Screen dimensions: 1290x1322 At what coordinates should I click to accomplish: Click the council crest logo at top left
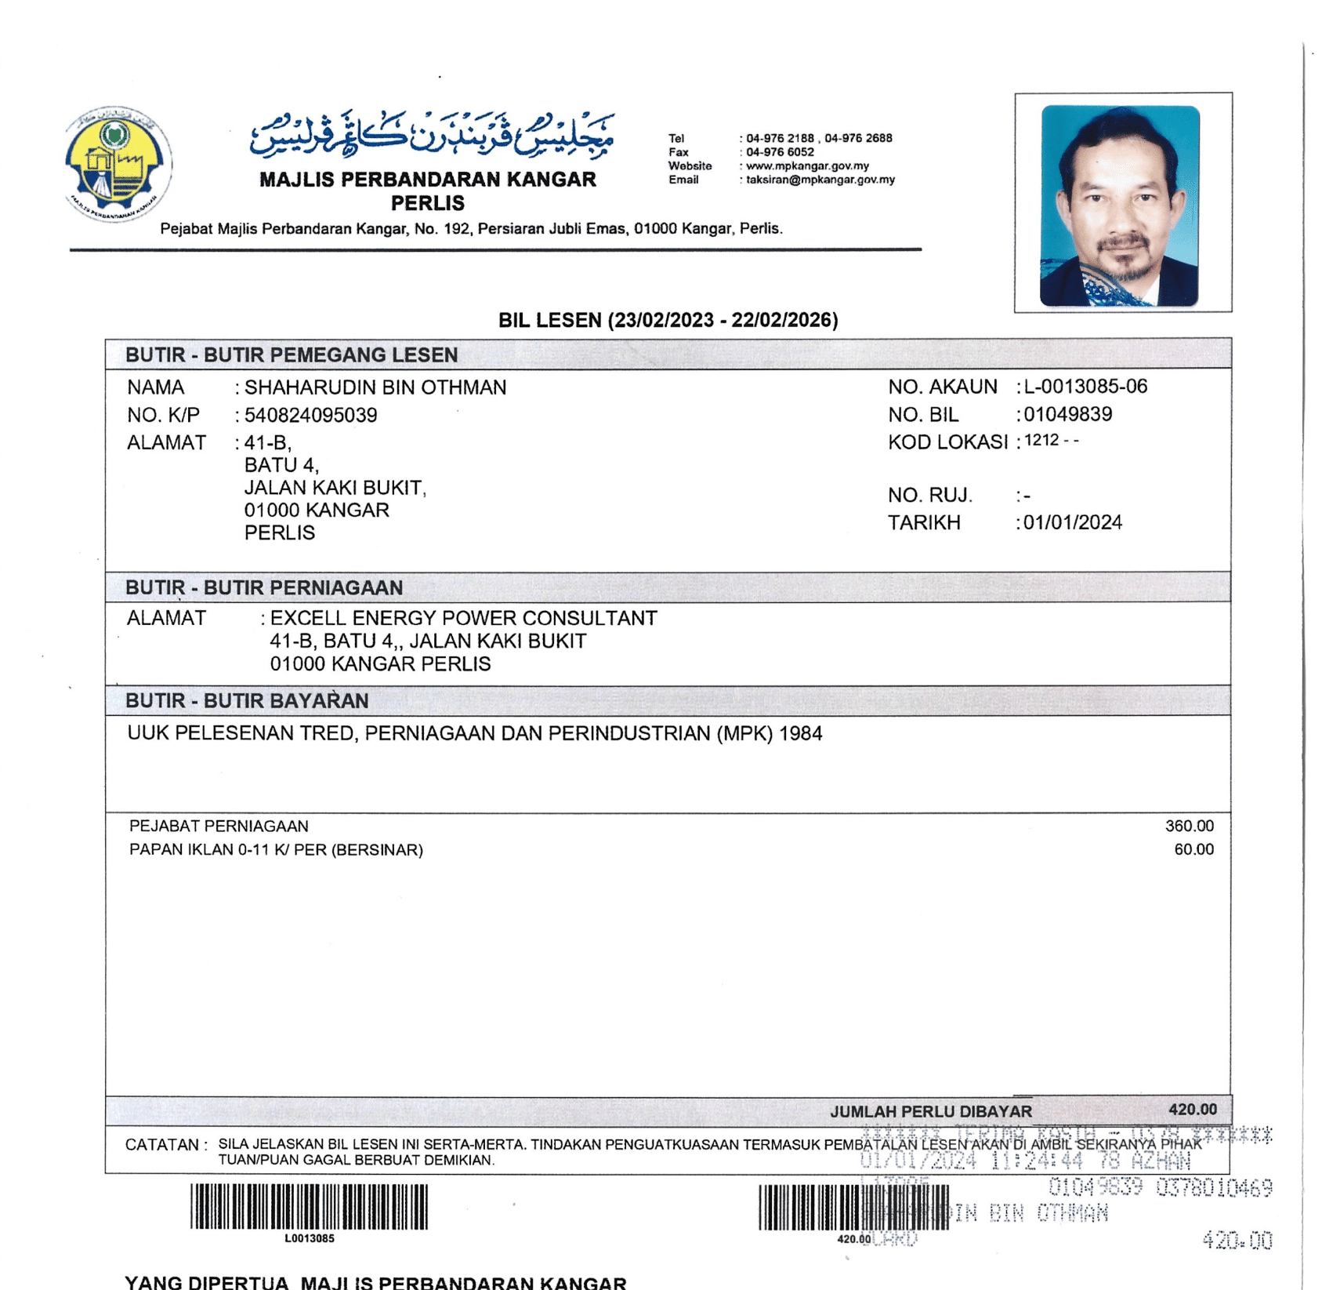pyautogui.click(x=118, y=164)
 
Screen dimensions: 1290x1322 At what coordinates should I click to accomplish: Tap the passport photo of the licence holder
pyautogui.click(x=1120, y=205)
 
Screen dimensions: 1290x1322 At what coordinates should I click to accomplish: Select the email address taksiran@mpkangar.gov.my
pyautogui.click(x=820, y=180)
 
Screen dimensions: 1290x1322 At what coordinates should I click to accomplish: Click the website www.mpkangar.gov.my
pyautogui.click(x=807, y=166)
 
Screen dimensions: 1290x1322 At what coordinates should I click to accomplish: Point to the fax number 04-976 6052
pyautogui.click(x=780, y=152)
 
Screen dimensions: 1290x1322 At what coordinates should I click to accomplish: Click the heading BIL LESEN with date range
pyautogui.click(x=668, y=320)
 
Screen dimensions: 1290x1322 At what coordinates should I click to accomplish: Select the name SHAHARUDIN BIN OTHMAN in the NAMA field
pyautogui.click(x=375, y=387)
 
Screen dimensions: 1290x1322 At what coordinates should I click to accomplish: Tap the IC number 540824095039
pyautogui.click(x=310, y=415)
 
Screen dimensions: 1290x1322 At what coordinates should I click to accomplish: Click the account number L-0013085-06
pyautogui.click(x=1085, y=387)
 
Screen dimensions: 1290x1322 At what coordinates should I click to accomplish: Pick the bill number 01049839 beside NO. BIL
pyautogui.click(x=1067, y=414)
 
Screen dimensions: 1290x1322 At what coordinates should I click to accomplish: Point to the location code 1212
pyautogui.click(x=1041, y=441)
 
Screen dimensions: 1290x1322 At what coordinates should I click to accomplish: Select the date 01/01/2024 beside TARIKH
pyautogui.click(x=1072, y=522)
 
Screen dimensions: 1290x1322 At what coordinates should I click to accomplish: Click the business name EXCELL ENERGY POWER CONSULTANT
pyautogui.click(x=463, y=618)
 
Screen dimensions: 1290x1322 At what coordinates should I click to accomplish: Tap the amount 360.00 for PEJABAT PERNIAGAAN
pyautogui.click(x=1189, y=826)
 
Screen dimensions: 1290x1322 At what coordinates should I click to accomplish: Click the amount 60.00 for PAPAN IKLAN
pyautogui.click(x=1193, y=849)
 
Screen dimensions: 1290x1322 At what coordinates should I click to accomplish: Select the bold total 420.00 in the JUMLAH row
pyautogui.click(x=1192, y=1109)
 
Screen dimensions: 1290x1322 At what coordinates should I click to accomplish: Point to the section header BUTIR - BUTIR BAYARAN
pyautogui.click(x=247, y=701)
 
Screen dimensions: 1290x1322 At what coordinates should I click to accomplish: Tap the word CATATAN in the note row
pyautogui.click(x=161, y=1145)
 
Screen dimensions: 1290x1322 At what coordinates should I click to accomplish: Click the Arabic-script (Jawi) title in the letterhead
pyautogui.click(x=432, y=134)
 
